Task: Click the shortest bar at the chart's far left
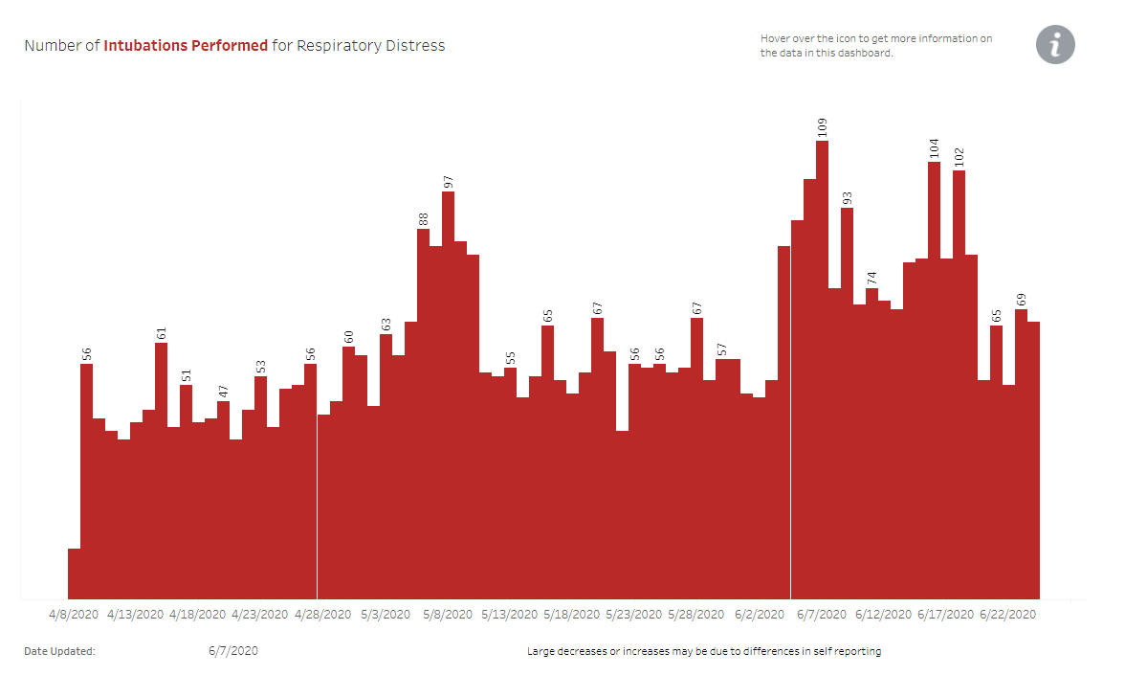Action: coord(74,574)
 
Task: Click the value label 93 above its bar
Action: coord(847,198)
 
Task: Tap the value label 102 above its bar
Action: coord(959,157)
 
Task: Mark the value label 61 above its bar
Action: coord(162,333)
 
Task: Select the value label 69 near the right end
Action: coord(1021,300)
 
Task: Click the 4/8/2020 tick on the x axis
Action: coord(74,614)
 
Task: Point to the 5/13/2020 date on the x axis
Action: coord(510,614)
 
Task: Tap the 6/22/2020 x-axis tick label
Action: coord(1007,614)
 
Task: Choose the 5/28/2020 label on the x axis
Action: coord(696,614)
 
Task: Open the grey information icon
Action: coord(1055,45)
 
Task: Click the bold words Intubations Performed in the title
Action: coord(186,45)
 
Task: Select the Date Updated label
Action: coord(59,651)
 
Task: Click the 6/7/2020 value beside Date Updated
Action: coord(232,651)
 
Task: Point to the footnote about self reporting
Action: coord(704,651)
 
